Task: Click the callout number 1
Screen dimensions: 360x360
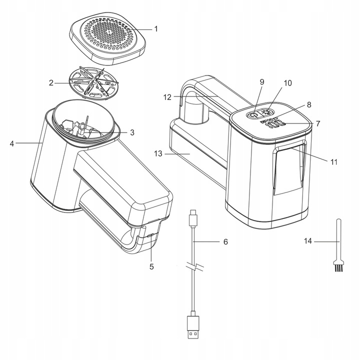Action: tap(156, 29)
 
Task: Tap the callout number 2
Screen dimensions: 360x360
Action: tap(51, 83)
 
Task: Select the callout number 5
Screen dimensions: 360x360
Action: tap(151, 267)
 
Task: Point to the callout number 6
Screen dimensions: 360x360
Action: tap(225, 242)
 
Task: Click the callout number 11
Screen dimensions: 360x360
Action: tap(334, 162)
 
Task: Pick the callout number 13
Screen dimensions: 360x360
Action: tap(158, 153)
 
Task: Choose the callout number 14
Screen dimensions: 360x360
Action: tap(308, 241)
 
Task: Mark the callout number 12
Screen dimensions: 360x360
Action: tap(167, 97)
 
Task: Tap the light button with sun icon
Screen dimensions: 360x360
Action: tap(267, 112)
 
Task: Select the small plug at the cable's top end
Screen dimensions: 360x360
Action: tap(193, 217)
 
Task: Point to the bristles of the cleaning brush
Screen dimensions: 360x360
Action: tap(338, 267)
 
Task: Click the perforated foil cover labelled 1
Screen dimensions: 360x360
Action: tap(107, 38)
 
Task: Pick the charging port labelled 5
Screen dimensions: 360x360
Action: tap(150, 235)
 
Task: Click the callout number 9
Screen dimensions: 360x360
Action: tap(262, 82)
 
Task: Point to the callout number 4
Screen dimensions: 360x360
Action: tap(12, 143)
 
